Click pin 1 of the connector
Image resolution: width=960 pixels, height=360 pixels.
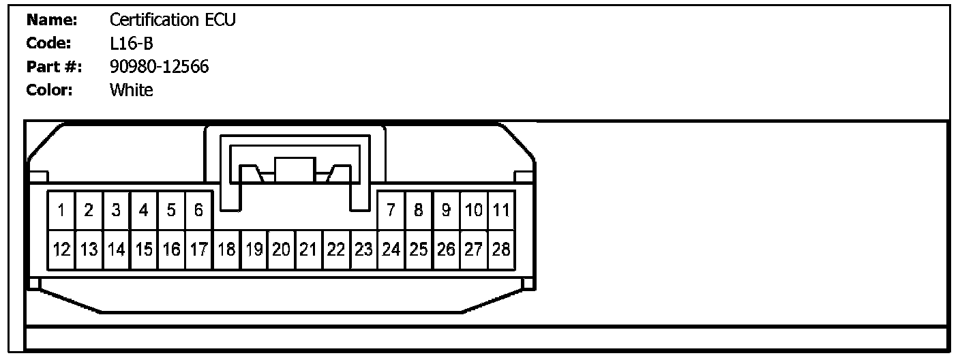click(x=61, y=211)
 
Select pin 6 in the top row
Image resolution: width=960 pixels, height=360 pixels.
click(x=198, y=211)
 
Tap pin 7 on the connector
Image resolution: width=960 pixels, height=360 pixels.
click(x=391, y=211)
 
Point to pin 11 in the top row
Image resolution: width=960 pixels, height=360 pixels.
click(x=501, y=211)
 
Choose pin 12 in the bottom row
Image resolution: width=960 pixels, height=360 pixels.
click(x=61, y=250)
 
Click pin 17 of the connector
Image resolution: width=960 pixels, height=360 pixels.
click(x=198, y=250)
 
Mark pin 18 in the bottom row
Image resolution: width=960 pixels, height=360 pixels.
click(x=226, y=250)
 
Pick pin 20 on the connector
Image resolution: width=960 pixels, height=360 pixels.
click(x=281, y=250)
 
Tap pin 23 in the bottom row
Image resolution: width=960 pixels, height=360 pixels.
click(x=363, y=250)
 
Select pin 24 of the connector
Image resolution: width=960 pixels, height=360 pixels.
click(x=391, y=250)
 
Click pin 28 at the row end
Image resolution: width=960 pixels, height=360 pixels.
click(x=501, y=250)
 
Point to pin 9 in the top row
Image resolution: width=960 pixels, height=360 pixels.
click(x=446, y=211)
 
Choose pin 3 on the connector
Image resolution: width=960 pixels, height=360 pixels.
click(x=116, y=211)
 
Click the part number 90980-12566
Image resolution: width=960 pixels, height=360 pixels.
click(x=159, y=67)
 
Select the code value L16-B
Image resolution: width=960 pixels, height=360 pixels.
click(x=131, y=44)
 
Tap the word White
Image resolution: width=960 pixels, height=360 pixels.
click(x=131, y=90)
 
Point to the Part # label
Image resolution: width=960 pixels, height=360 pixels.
click(x=54, y=67)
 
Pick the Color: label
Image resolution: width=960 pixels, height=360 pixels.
click(x=49, y=90)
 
